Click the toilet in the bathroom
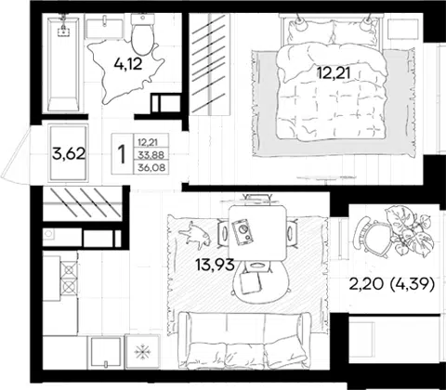point(143,34)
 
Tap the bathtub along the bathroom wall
point(63,63)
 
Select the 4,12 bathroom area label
point(128,64)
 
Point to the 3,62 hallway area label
point(69,153)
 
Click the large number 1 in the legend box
point(123,154)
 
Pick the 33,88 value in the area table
point(151,154)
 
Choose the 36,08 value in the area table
point(151,168)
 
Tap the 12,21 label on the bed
point(334,73)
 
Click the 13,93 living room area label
point(215,266)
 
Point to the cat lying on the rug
point(195,235)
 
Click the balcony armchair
point(372,236)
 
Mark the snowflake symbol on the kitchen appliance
point(142,352)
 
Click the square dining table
point(257,234)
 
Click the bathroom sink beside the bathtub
point(104,29)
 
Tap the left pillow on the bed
point(309,32)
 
